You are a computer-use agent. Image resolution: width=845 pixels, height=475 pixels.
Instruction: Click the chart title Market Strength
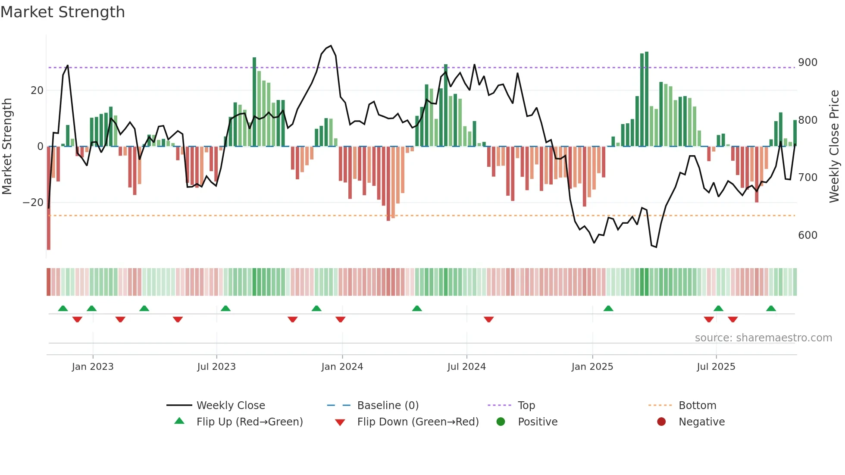pos(63,12)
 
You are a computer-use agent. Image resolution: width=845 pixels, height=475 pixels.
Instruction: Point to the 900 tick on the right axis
pos(807,62)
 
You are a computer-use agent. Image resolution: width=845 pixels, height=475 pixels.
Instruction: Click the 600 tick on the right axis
pos(807,235)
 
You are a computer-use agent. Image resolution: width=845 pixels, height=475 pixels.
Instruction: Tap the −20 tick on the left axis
pos(33,203)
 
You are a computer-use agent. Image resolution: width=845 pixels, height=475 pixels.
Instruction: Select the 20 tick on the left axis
pos(37,91)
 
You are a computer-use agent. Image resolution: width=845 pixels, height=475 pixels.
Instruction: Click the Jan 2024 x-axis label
pos(342,367)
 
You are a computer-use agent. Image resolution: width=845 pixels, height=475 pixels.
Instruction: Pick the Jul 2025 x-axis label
pos(716,367)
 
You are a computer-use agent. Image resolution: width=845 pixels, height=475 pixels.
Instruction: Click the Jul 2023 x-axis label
pos(216,367)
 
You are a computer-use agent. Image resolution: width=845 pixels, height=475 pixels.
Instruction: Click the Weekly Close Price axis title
pos(834,146)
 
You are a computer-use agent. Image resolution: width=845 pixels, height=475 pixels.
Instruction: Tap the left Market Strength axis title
pos(7,146)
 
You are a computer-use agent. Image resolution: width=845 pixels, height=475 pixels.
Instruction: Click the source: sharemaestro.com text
pos(763,338)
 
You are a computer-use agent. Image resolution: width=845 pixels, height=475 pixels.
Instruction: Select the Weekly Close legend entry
pos(231,406)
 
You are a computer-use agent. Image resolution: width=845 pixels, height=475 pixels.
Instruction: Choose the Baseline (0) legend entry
pos(388,406)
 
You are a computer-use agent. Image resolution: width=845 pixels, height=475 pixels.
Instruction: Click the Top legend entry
pos(526,406)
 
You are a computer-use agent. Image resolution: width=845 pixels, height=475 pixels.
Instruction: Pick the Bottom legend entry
pos(697,406)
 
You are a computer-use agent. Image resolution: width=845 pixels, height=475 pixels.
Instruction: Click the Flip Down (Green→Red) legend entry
pos(418,422)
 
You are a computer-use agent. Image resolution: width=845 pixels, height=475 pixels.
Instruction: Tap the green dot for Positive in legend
pos(501,422)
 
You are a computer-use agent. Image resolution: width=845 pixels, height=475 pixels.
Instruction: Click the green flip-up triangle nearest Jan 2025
pos(608,309)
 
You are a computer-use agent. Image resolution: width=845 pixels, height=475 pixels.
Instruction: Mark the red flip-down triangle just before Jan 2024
pos(340,319)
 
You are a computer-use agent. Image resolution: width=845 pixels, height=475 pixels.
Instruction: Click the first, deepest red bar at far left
pos(49,198)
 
